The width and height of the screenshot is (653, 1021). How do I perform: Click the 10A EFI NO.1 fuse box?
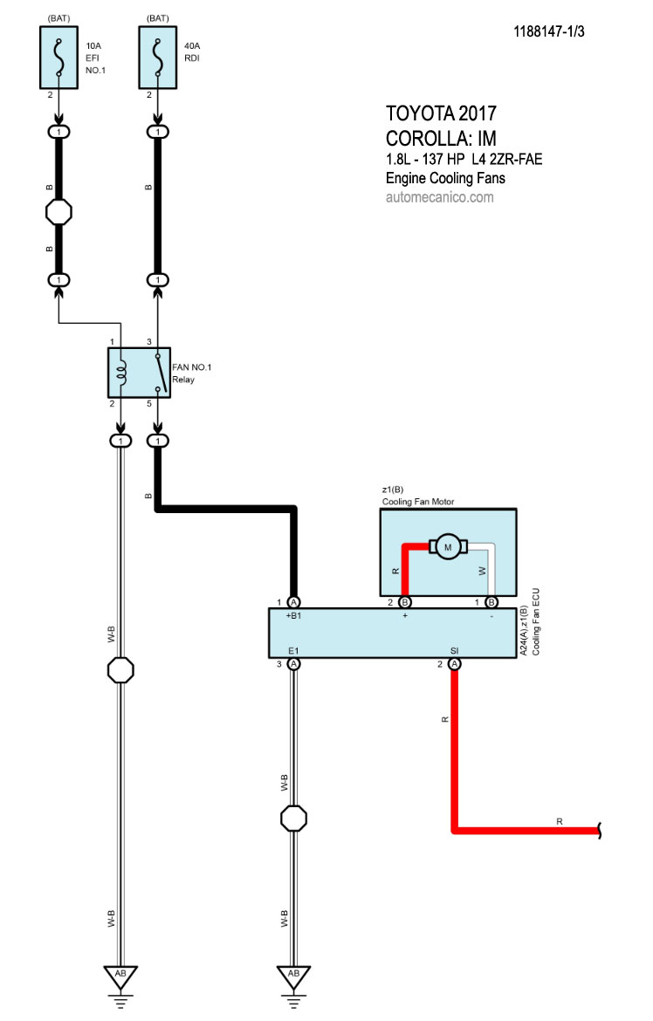pos(58,57)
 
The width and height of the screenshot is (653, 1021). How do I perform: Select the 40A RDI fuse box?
pos(158,57)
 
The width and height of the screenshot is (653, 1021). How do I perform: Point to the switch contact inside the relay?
pos(158,373)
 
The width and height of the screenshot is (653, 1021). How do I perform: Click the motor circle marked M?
pos(449,547)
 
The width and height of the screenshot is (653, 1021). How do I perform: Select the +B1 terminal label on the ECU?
pos(294,616)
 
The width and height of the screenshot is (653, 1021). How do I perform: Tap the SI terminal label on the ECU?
pos(455,650)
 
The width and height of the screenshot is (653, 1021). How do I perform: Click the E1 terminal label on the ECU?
pos(293,650)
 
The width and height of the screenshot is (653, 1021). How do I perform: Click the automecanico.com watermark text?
pos(439,197)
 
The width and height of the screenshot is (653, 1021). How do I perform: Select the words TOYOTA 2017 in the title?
pos(441,113)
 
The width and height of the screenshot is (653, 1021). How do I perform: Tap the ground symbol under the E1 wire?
pos(293,976)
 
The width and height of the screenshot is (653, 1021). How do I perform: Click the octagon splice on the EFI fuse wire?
pos(58,212)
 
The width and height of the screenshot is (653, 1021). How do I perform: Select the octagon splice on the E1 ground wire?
pos(293,819)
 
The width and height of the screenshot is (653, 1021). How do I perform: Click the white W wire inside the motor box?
pos(493,567)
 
